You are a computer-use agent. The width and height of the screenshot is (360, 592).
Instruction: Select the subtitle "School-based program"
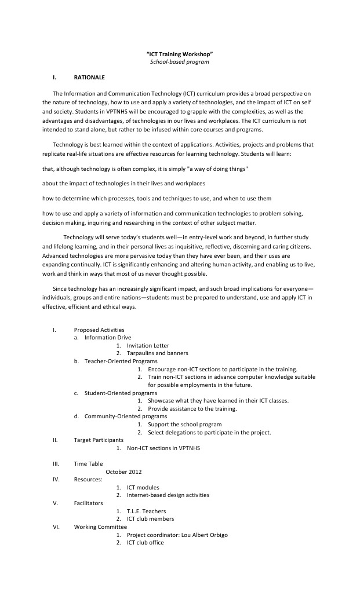click(180, 61)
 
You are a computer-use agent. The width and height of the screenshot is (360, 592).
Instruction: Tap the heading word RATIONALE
click(89, 76)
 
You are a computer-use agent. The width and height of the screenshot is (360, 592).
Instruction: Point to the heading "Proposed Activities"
click(99, 330)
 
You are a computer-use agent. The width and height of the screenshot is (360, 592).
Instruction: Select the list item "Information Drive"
click(108, 337)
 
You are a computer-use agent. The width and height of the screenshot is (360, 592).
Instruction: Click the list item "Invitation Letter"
click(148, 345)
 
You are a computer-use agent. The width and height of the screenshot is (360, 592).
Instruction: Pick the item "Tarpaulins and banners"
click(157, 353)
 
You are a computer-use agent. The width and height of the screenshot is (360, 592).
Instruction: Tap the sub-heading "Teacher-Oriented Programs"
click(121, 361)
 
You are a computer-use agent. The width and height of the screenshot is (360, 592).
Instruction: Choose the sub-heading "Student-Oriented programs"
click(121, 393)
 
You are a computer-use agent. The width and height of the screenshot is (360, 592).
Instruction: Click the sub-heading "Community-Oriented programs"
click(126, 416)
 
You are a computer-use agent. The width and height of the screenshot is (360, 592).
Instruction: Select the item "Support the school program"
click(184, 424)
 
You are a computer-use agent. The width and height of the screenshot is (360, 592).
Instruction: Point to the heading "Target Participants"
click(99, 440)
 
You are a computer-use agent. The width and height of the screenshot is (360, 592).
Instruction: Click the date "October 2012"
click(123, 472)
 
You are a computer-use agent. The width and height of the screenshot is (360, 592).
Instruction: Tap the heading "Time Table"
click(88, 463)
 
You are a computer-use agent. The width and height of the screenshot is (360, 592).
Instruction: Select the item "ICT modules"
click(143, 487)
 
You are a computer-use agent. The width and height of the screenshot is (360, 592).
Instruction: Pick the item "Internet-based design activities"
click(168, 495)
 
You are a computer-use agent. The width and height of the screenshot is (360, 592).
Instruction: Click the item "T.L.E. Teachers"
click(146, 511)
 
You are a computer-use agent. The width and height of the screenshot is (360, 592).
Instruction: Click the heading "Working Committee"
click(100, 527)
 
